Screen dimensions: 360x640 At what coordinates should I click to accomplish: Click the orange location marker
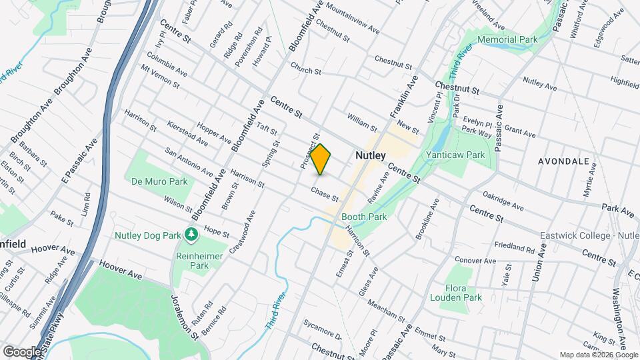point(321,159)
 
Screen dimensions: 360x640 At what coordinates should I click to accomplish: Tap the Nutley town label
point(370,155)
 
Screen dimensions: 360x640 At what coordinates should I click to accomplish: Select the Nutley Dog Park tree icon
point(191,235)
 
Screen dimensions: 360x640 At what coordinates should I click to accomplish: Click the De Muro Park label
point(159,181)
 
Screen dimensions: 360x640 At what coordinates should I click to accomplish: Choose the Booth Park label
point(364,217)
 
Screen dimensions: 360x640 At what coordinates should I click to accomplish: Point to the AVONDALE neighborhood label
point(566,161)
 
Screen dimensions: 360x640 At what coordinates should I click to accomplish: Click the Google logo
point(22,351)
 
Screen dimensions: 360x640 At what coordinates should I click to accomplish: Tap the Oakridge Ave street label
point(508,201)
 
